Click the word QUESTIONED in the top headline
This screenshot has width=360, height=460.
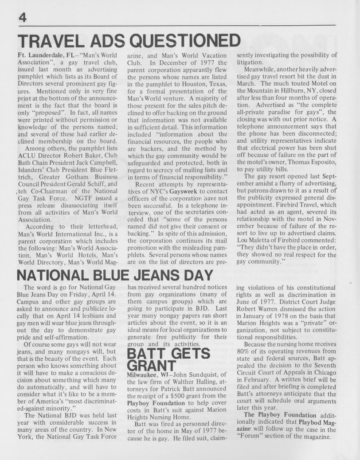[x=186, y=42]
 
